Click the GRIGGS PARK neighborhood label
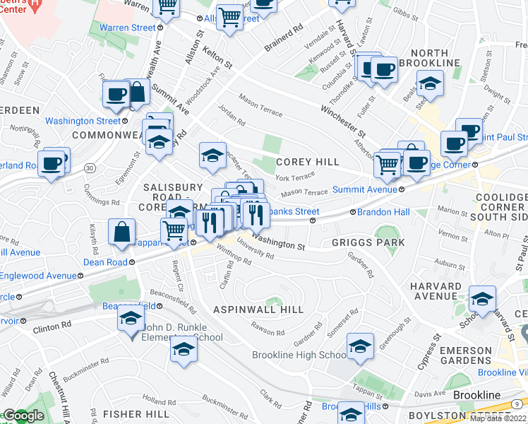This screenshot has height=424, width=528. pyautogui.click(x=368, y=242)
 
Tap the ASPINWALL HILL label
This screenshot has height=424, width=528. pyautogui.click(x=258, y=310)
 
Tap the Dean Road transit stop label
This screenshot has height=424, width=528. pyautogui.click(x=105, y=262)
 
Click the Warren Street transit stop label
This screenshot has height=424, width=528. pyautogui.click(x=127, y=28)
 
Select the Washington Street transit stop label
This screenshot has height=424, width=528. pyautogui.click(x=83, y=121)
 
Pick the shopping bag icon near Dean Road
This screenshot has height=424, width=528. pyautogui.click(x=122, y=232)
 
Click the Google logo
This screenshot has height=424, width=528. pyautogui.click(x=23, y=416)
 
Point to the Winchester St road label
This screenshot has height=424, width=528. pyautogui.click(x=343, y=121)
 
